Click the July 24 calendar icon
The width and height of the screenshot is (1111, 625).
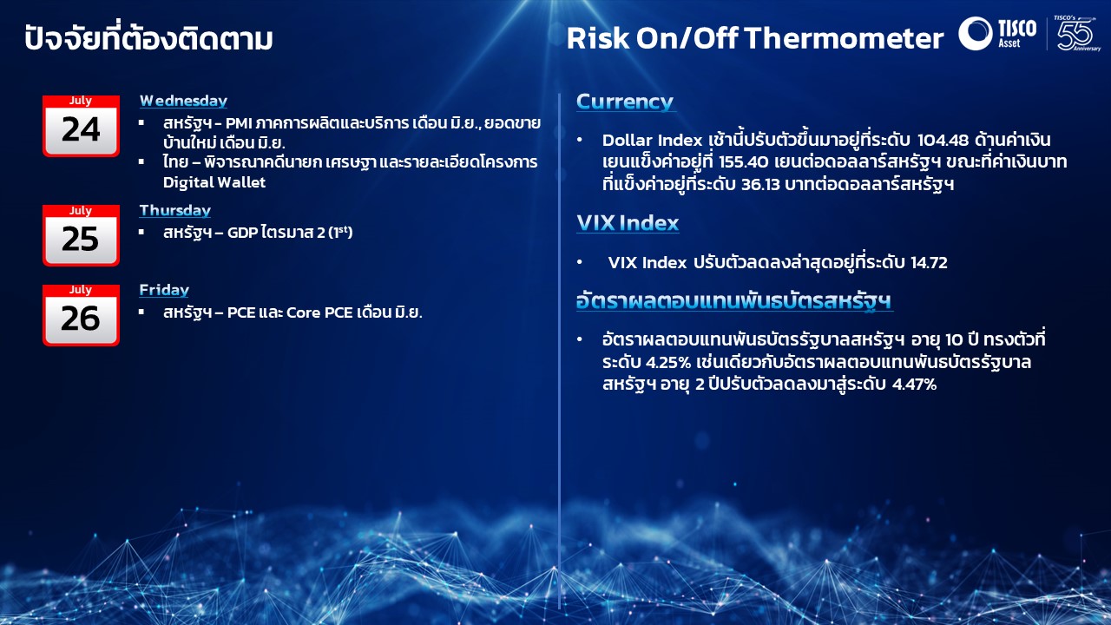(x=81, y=126)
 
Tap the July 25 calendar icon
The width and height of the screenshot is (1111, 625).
(x=81, y=235)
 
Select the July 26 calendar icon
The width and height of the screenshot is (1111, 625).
(x=81, y=315)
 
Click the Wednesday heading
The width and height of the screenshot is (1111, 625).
(x=183, y=101)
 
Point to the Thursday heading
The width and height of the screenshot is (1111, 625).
(x=175, y=210)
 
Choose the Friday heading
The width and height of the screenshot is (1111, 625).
(x=164, y=290)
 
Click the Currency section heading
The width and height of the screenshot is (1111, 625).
(x=625, y=102)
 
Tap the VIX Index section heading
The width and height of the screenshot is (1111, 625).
(x=628, y=223)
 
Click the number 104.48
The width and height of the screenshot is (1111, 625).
(x=943, y=141)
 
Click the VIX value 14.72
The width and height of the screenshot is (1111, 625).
(x=929, y=262)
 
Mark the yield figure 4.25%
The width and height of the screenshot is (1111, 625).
(x=668, y=363)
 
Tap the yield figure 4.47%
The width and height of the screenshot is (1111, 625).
(x=914, y=385)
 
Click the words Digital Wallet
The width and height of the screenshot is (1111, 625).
(x=214, y=182)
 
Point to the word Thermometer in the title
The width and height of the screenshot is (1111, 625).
(x=845, y=38)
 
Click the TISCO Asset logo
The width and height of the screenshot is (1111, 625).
(x=997, y=33)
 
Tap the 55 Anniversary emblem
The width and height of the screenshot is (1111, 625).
(x=1076, y=33)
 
